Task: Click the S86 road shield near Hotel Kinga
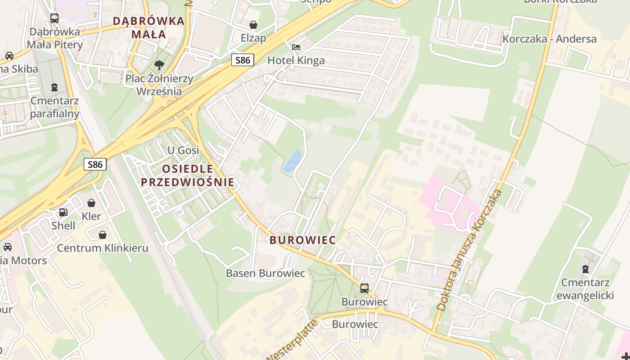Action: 243,60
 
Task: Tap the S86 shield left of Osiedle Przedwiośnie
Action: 95,164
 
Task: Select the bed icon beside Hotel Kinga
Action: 296,47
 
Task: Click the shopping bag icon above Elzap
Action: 253,24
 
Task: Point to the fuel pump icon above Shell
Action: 63,212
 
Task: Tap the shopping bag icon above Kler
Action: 91,203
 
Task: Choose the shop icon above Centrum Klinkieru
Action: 103,235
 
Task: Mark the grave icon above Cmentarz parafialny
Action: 54,87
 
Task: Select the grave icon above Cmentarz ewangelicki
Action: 585,269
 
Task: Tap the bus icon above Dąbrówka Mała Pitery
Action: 54,18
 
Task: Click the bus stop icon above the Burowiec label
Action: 364,288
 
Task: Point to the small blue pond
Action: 292,161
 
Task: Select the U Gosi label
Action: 183,150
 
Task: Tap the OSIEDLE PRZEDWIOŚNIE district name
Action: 187,175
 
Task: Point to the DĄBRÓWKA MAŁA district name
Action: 148,27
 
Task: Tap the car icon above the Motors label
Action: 8,247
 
